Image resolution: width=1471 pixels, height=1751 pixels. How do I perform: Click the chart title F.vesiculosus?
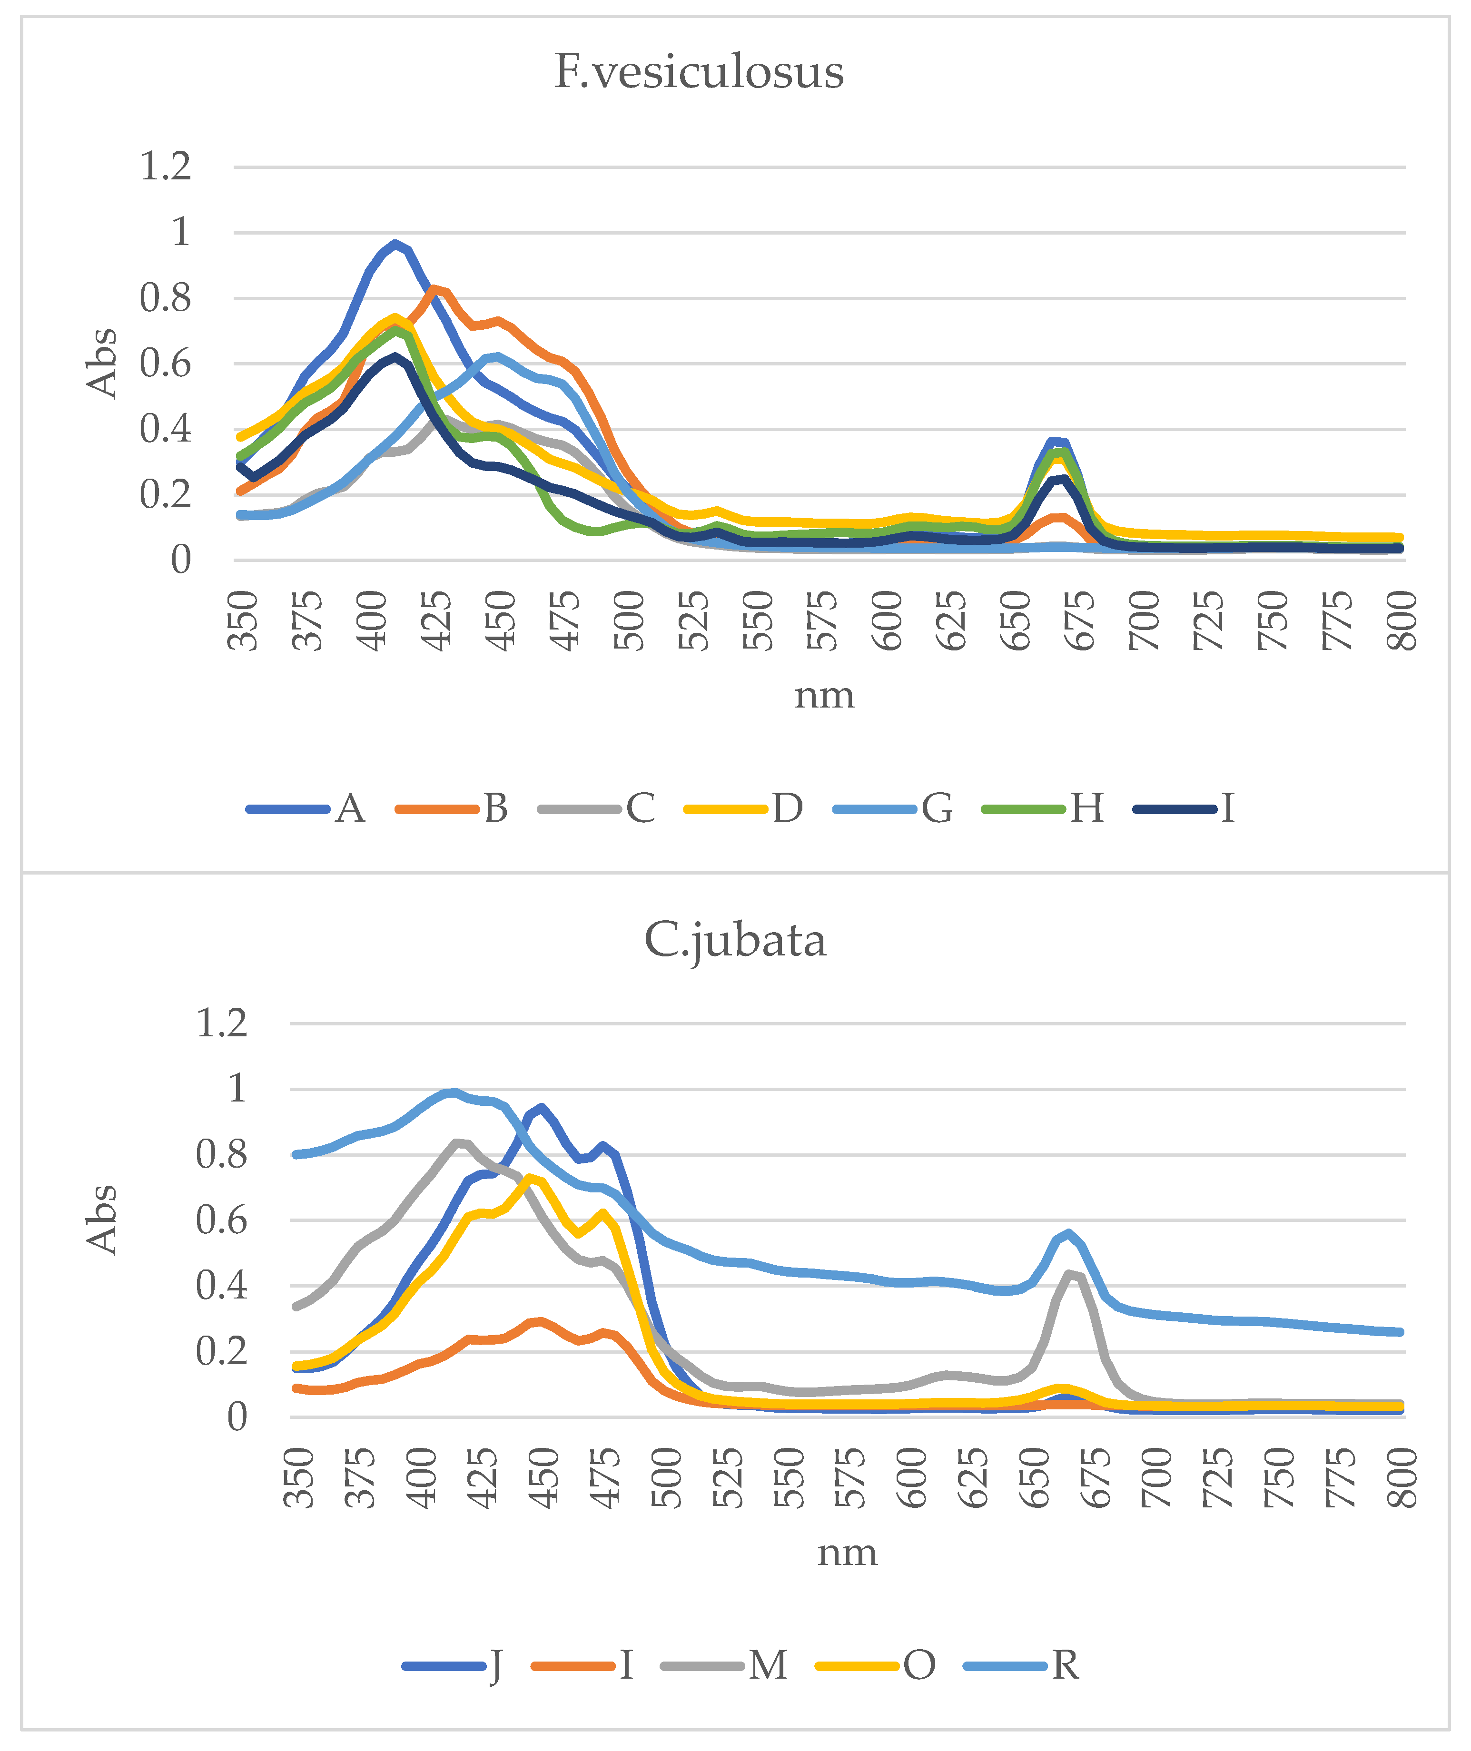[699, 72]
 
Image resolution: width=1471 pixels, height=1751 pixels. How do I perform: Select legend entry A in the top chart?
[350, 808]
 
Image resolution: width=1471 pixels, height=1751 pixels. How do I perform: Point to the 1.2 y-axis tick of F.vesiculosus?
[165, 166]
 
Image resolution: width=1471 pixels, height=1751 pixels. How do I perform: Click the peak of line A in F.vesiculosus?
[395, 244]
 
